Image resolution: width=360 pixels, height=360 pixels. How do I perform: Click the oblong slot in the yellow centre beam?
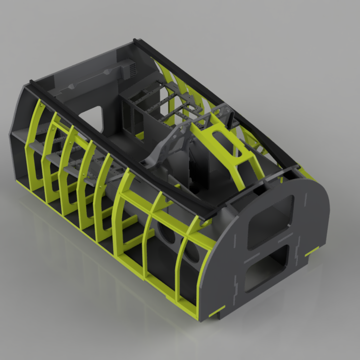click(x=221, y=137)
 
